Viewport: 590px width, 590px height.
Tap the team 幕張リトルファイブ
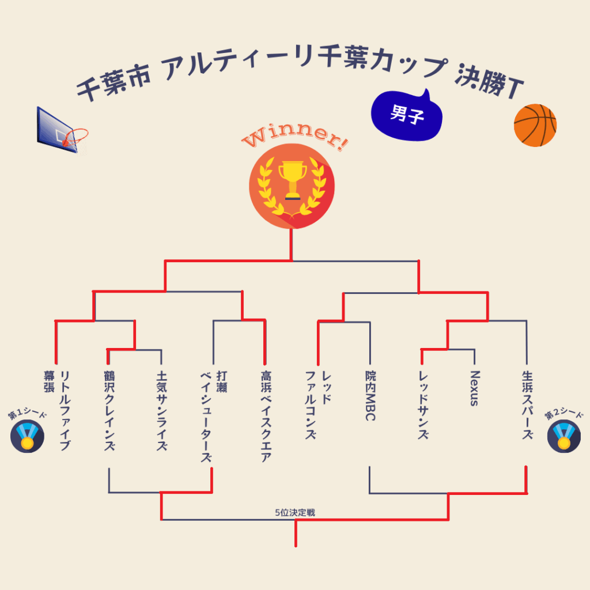pyautogui.click(x=57, y=409)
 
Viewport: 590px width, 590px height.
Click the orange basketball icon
pyautogui.click(x=535, y=125)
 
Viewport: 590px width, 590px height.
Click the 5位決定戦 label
pyautogui.click(x=295, y=512)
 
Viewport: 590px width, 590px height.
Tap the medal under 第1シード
pyautogui.click(x=27, y=437)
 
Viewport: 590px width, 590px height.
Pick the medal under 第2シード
pyautogui.click(x=563, y=437)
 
